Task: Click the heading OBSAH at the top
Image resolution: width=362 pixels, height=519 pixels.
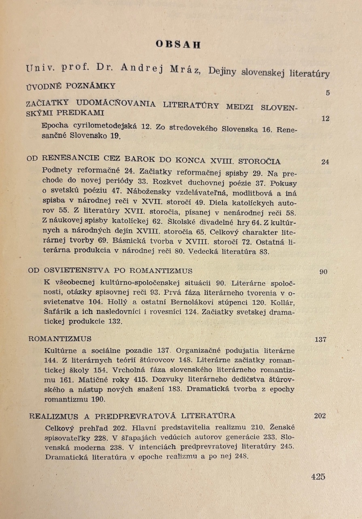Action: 178,45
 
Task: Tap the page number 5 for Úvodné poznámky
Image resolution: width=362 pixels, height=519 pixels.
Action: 328,93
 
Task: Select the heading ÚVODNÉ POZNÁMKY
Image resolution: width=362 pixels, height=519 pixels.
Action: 71,86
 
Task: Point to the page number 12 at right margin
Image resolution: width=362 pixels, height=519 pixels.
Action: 325,119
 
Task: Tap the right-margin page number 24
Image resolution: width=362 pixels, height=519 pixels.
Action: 325,162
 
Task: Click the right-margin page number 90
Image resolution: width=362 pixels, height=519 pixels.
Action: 323,272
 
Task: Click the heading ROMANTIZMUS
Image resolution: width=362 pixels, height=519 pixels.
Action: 60,339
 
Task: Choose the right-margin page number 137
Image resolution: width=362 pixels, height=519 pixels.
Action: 320,339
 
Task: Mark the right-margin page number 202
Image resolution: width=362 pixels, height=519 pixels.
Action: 320,416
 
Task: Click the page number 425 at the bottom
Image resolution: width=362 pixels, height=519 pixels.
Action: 318,477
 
